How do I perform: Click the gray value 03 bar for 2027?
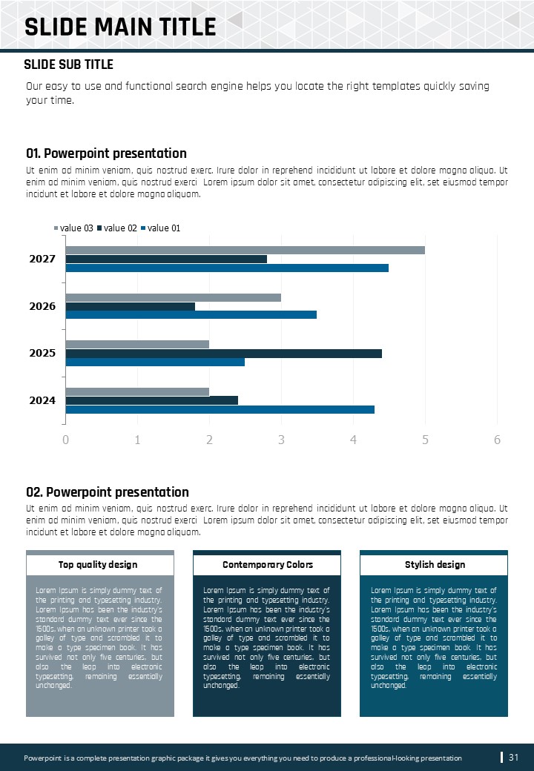[245, 250]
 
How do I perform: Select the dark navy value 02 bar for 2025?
[223, 354]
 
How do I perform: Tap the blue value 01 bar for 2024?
[220, 409]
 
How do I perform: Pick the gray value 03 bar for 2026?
[173, 297]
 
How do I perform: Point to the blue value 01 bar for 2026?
[191, 315]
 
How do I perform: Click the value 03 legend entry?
[74, 228]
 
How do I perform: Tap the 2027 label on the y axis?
[42, 259]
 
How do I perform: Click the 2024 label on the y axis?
[42, 401]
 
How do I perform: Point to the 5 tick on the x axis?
[425, 440]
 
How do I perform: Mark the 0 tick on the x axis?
[65, 440]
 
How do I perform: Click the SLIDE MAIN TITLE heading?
[120, 27]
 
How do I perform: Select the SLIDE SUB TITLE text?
[68, 65]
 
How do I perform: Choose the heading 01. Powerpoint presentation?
[106, 153]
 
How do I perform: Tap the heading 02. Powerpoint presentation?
[108, 492]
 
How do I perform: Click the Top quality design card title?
[98, 565]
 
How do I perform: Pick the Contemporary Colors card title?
[268, 565]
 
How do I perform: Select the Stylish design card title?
[435, 565]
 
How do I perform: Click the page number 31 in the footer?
[513, 757]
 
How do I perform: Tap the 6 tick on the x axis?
[497, 440]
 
